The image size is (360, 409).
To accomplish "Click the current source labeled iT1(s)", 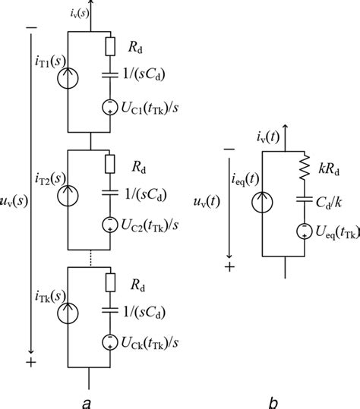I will click(68, 81).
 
